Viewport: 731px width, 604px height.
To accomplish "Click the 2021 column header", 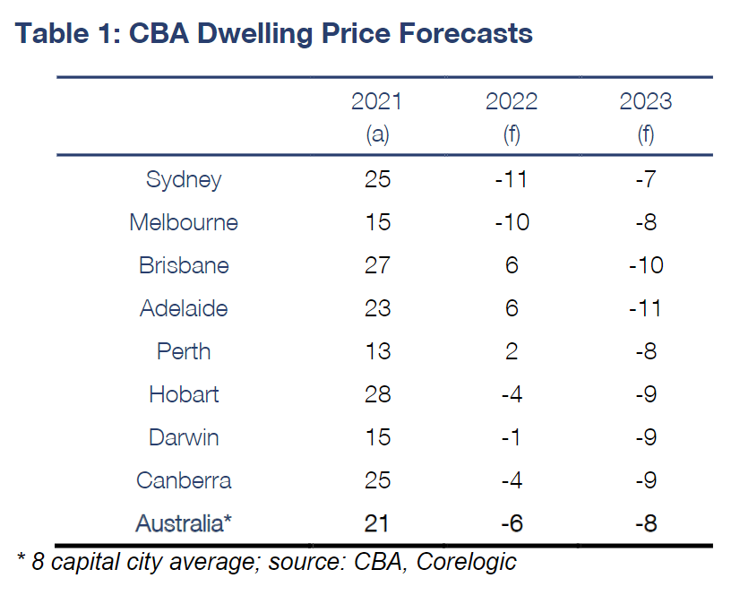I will pyautogui.click(x=376, y=101).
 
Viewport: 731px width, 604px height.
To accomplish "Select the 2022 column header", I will pyautogui.click(x=511, y=101).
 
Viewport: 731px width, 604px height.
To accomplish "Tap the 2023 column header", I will pyautogui.click(x=645, y=101).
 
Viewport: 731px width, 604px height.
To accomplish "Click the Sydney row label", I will pyautogui.click(x=184, y=179).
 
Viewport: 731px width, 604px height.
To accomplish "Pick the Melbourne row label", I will pyautogui.click(x=184, y=222).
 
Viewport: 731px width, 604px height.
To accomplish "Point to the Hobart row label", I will pyautogui.click(x=184, y=394).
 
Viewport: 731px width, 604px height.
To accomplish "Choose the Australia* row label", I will pyautogui.click(x=184, y=523).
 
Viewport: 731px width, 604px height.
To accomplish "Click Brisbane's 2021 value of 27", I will pyautogui.click(x=377, y=265).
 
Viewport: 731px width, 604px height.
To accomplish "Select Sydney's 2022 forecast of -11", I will pyautogui.click(x=511, y=179).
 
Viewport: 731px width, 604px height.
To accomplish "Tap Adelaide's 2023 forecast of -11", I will pyautogui.click(x=645, y=308).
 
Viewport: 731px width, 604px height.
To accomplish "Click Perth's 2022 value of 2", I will pyautogui.click(x=512, y=351).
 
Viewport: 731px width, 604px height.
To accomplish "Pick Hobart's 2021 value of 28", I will pyautogui.click(x=377, y=394).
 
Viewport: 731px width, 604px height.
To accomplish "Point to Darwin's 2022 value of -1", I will pyautogui.click(x=511, y=437).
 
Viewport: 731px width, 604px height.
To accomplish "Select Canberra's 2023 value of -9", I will pyautogui.click(x=645, y=480).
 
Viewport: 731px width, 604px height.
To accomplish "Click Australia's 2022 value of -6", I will pyautogui.click(x=511, y=523).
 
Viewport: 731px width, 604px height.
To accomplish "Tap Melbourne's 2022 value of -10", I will pyautogui.click(x=511, y=222).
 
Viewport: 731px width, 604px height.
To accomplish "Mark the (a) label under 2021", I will pyautogui.click(x=377, y=134).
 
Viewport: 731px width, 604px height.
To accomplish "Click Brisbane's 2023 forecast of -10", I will pyautogui.click(x=645, y=265).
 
